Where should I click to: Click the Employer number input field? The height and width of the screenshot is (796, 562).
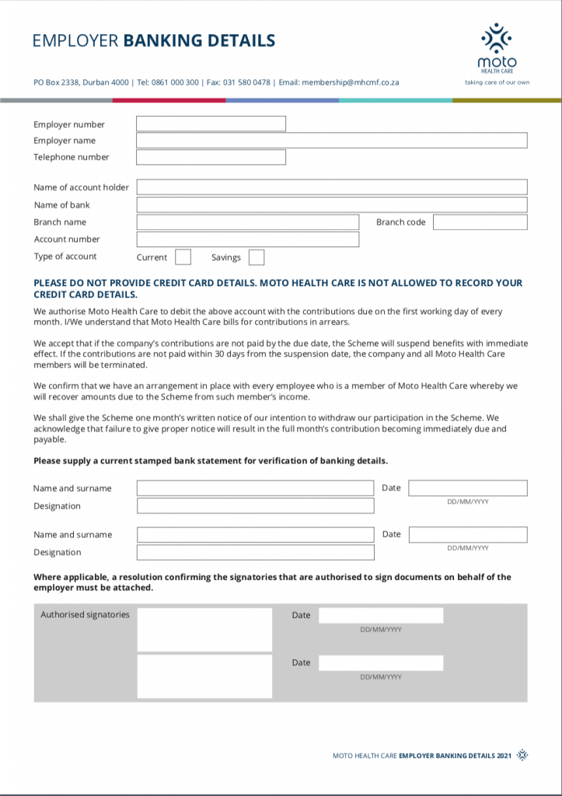point(211,124)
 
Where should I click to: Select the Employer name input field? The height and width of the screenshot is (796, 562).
point(332,141)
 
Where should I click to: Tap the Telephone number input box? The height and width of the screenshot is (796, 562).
point(211,157)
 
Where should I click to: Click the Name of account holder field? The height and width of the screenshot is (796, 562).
point(332,187)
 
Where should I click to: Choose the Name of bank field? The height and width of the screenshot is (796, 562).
point(332,205)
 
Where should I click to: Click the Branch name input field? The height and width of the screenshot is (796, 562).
point(248,222)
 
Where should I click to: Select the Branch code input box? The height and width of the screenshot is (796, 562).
point(480,222)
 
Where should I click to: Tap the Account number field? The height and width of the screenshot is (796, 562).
point(248,239)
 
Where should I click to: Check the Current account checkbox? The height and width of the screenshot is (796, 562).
point(183,257)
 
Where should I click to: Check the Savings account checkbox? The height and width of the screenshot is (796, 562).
point(257,257)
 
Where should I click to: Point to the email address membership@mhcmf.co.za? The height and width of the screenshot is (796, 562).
point(350,82)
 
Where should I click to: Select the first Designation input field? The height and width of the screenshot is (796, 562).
point(255,506)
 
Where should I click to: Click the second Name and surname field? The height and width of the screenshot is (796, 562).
point(255,535)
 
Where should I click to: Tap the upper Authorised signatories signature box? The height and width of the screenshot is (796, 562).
point(204,630)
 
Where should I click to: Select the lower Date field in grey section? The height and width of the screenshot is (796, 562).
point(381,663)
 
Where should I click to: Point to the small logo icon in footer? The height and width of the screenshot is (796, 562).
point(522,755)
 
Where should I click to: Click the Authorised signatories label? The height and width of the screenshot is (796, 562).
point(85,615)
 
